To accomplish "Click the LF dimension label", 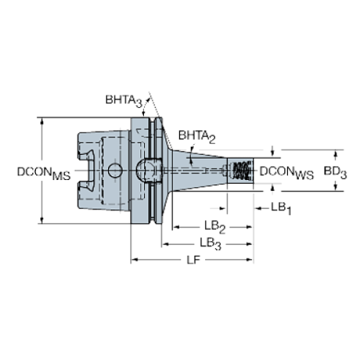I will (193, 259).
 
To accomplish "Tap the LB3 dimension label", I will (211, 243).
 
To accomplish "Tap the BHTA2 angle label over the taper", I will (197, 136).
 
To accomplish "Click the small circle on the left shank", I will (113, 170).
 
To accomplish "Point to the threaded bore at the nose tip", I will (240, 170).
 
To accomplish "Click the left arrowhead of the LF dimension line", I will (133, 259).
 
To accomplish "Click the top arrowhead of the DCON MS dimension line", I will (42, 120).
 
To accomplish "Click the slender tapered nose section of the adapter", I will (209, 170).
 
